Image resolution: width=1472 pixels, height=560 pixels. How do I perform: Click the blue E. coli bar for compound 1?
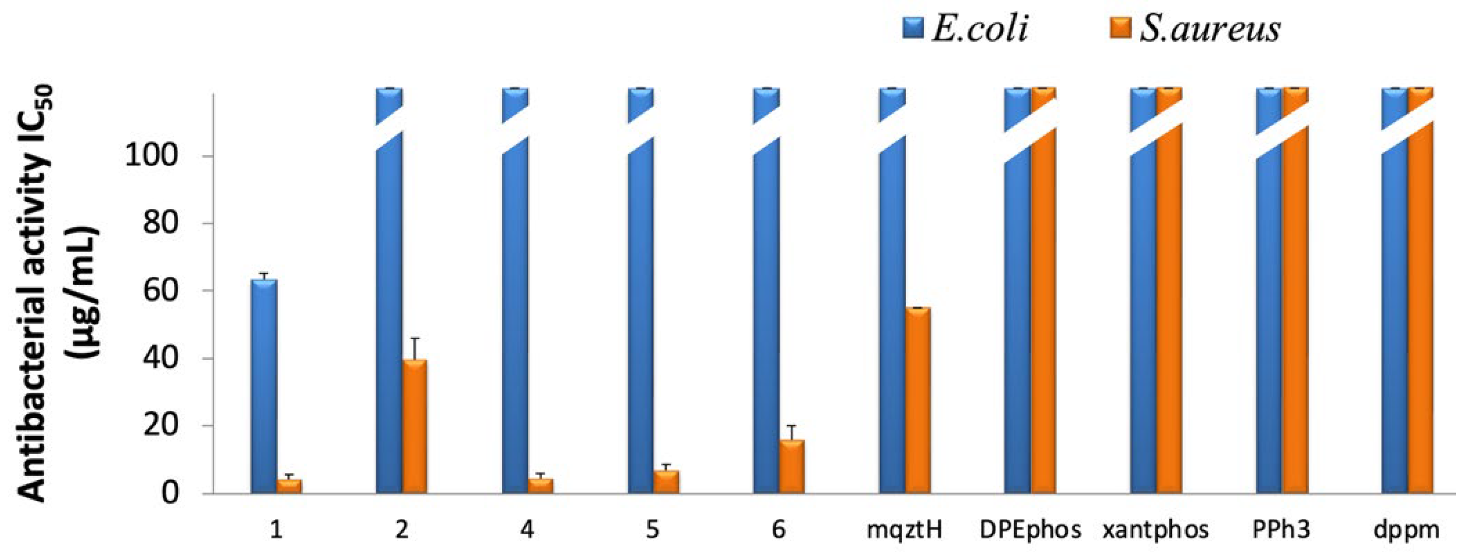tap(264, 386)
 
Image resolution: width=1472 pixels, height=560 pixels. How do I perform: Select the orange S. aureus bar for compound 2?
tap(414, 426)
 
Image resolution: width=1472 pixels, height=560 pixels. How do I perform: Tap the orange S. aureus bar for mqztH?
tap(917, 400)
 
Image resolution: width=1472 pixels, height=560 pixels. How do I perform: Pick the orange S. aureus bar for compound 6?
tap(792, 466)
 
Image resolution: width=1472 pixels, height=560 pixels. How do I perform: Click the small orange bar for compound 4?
tap(541, 486)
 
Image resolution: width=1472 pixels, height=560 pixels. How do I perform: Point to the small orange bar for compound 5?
tap(666, 481)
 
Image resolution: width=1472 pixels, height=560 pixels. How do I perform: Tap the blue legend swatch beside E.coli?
tap(914, 27)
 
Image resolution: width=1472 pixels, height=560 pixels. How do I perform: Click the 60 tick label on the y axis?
tap(161, 290)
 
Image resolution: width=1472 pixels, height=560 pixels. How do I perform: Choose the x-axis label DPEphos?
tap(1030, 531)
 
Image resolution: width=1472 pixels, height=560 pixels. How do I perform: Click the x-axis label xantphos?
tap(1155, 531)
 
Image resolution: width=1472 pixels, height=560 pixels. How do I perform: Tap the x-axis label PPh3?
tap(1281, 531)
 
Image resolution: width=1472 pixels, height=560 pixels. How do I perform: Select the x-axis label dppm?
tap(1406, 531)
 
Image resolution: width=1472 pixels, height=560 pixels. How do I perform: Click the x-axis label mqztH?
tap(904, 531)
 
